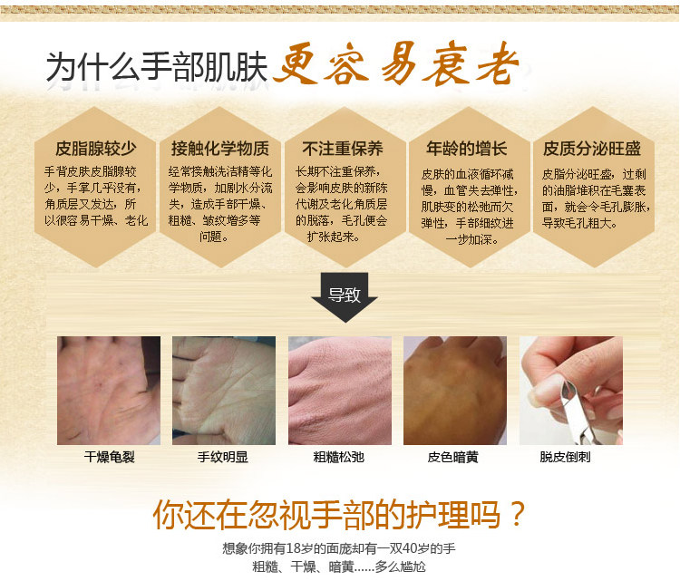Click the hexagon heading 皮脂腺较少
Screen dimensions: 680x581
coord(95,149)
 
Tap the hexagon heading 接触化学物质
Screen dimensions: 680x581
coord(220,149)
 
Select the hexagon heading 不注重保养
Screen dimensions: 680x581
coord(343,149)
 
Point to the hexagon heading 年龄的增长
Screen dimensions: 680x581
coord(467,149)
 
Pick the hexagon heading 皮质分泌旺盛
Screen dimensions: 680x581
coord(592,149)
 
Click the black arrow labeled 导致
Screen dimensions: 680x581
coord(345,297)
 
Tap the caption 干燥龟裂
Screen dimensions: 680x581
coord(110,457)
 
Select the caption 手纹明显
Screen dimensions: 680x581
coord(222,457)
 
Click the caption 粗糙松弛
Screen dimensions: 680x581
coord(339,457)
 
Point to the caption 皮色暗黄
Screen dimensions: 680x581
coord(452,457)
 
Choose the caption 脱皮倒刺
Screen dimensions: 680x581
coord(565,457)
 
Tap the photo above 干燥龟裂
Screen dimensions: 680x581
coord(109,391)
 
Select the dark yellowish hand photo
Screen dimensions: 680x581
coord(455,391)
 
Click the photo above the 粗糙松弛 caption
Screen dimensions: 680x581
coord(340,391)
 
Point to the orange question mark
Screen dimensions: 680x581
coord(516,514)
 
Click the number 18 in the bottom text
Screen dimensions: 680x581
coord(293,548)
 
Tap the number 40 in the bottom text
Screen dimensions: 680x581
coord(410,548)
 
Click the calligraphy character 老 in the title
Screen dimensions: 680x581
coord(498,65)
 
